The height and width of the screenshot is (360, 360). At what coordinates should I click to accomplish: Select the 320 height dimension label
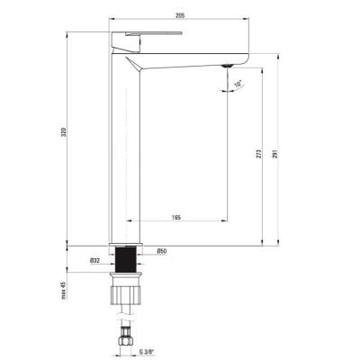[63, 132]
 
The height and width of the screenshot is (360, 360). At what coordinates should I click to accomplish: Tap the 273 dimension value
[259, 154]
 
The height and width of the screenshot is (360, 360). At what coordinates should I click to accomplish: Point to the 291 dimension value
[275, 154]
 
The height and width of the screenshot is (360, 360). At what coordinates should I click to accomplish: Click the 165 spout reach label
[176, 217]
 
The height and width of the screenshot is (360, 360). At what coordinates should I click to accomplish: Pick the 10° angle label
[238, 84]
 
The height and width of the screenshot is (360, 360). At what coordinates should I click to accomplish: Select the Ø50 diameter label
[161, 251]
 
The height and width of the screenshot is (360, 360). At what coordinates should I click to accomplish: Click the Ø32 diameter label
[94, 261]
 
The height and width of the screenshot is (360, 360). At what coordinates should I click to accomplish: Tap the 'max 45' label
[64, 290]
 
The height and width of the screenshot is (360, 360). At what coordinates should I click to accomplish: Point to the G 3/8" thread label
[147, 351]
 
